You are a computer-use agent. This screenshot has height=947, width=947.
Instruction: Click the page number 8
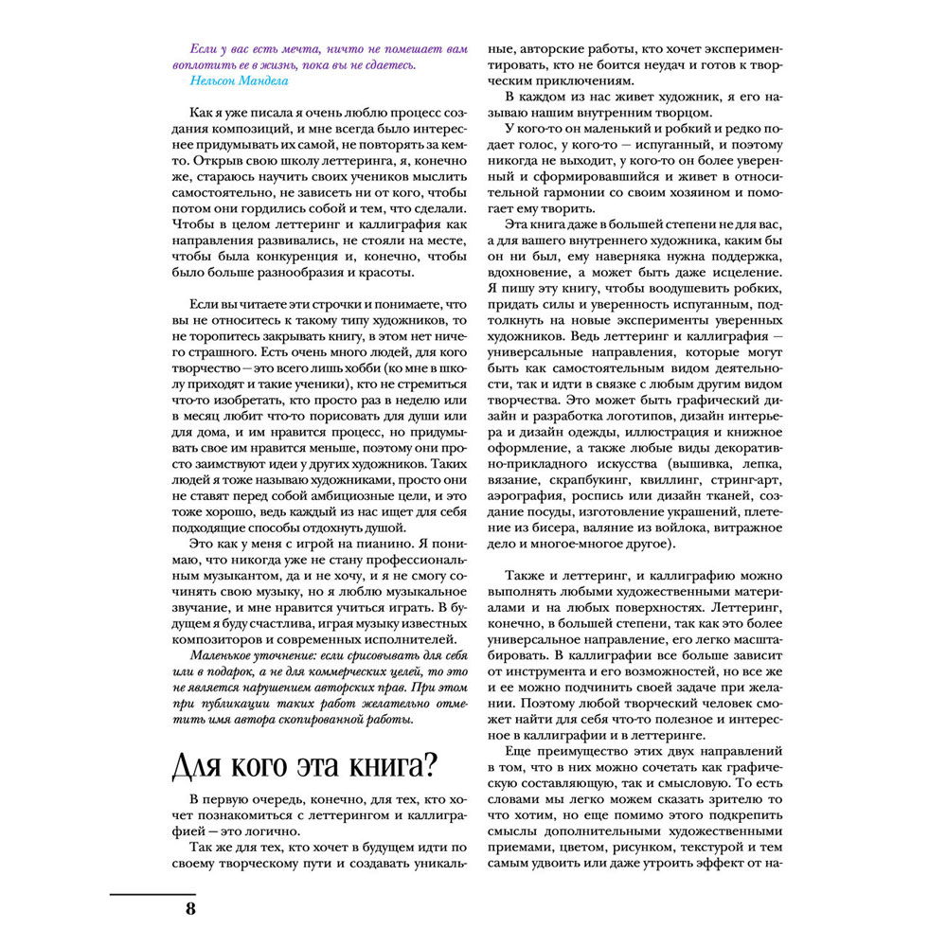[x=189, y=910]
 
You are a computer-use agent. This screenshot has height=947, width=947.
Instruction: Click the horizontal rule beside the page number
[x=152, y=893]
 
